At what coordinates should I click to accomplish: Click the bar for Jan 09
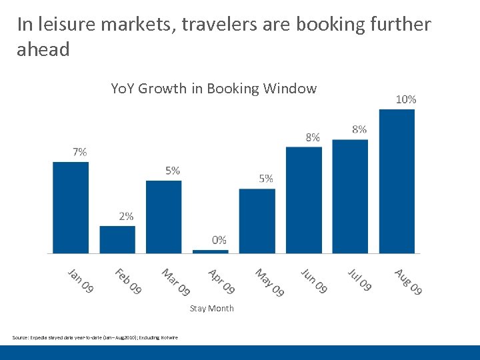pyautogui.click(x=71, y=207)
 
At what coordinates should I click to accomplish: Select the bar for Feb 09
pyautogui.click(x=117, y=239)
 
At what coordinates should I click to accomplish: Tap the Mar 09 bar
pyautogui.click(x=163, y=217)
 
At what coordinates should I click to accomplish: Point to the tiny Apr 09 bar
pyautogui.click(x=211, y=251)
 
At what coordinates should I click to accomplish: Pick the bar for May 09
pyautogui.click(x=257, y=221)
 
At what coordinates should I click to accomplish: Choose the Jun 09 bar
pyautogui.click(x=304, y=200)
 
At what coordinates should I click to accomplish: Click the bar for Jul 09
pyautogui.click(x=350, y=196)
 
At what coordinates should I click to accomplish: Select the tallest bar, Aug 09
pyautogui.click(x=397, y=181)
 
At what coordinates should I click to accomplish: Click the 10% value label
pyautogui.click(x=406, y=99)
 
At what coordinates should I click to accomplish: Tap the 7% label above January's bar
pyautogui.click(x=80, y=152)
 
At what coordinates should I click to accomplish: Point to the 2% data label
pyautogui.click(x=126, y=216)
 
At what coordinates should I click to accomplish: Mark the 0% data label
pyautogui.click(x=219, y=240)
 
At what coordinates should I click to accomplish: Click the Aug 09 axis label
pyautogui.click(x=408, y=281)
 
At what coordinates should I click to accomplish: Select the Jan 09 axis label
pyautogui.click(x=81, y=280)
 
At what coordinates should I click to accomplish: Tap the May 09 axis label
pyautogui.click(x=269, y=282)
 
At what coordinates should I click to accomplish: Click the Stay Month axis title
pyautogui.click(x=212, y=308)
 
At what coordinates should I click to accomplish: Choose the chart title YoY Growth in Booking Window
pyautogui.click(x=213, y=89)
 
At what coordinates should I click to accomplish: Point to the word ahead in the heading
pyautogui.click(x=43, y=50)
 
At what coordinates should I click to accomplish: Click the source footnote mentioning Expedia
pyautogui.click(x=95, y=337)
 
